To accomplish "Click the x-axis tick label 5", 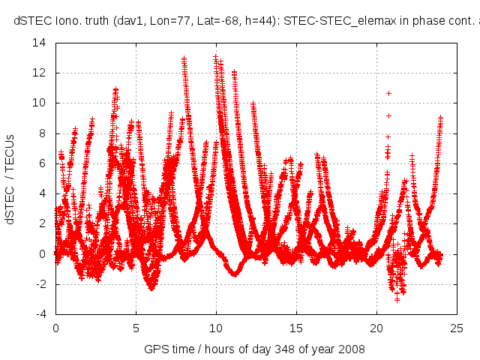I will [136, 328].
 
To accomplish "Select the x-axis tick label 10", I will [216, 328].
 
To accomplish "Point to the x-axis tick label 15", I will [296, 328].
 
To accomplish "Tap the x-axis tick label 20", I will [376, 328].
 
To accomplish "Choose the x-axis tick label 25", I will [457, 328].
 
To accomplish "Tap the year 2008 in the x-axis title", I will [352, 349].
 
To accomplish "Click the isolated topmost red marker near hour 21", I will [388, 93].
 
